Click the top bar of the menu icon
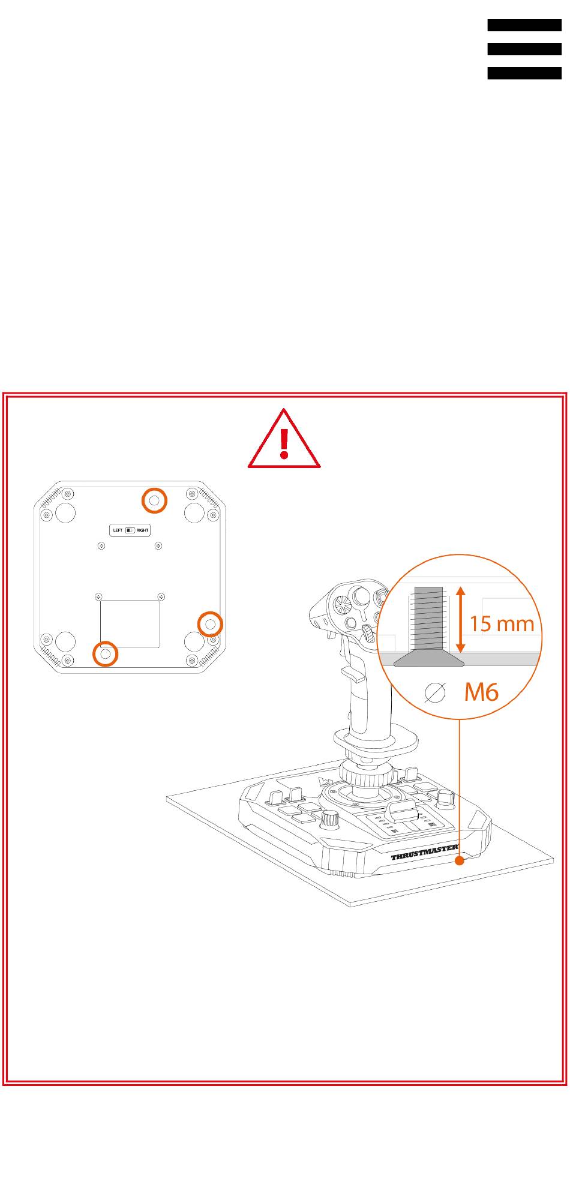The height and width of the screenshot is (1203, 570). tap(524, 25)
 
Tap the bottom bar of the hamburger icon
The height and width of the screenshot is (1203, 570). tap(524, 73)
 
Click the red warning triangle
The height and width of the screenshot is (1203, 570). tap(284, 439)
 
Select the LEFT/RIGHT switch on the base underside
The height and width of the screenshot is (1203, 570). tap(130, 530)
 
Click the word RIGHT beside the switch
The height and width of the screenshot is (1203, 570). tap(143, 530)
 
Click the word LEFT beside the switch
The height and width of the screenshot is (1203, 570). tap(118, 530)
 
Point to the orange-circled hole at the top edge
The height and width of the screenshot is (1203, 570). tap(154, 500)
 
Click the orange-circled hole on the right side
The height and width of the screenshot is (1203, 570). tap(210, 625)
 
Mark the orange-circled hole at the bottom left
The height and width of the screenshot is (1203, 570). tap(105, 653)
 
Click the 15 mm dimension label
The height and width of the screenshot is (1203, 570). tap(502, 624)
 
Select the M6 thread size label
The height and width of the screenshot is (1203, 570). tap(481, 692)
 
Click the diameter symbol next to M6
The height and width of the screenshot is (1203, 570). tap(435, 693)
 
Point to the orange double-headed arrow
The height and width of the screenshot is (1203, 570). tap(460, 620)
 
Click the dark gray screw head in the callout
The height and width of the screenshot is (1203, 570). tap(428, 660)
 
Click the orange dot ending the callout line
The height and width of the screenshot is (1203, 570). tap(460, 861)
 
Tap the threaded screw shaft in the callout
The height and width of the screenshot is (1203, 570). tap(426, 620)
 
